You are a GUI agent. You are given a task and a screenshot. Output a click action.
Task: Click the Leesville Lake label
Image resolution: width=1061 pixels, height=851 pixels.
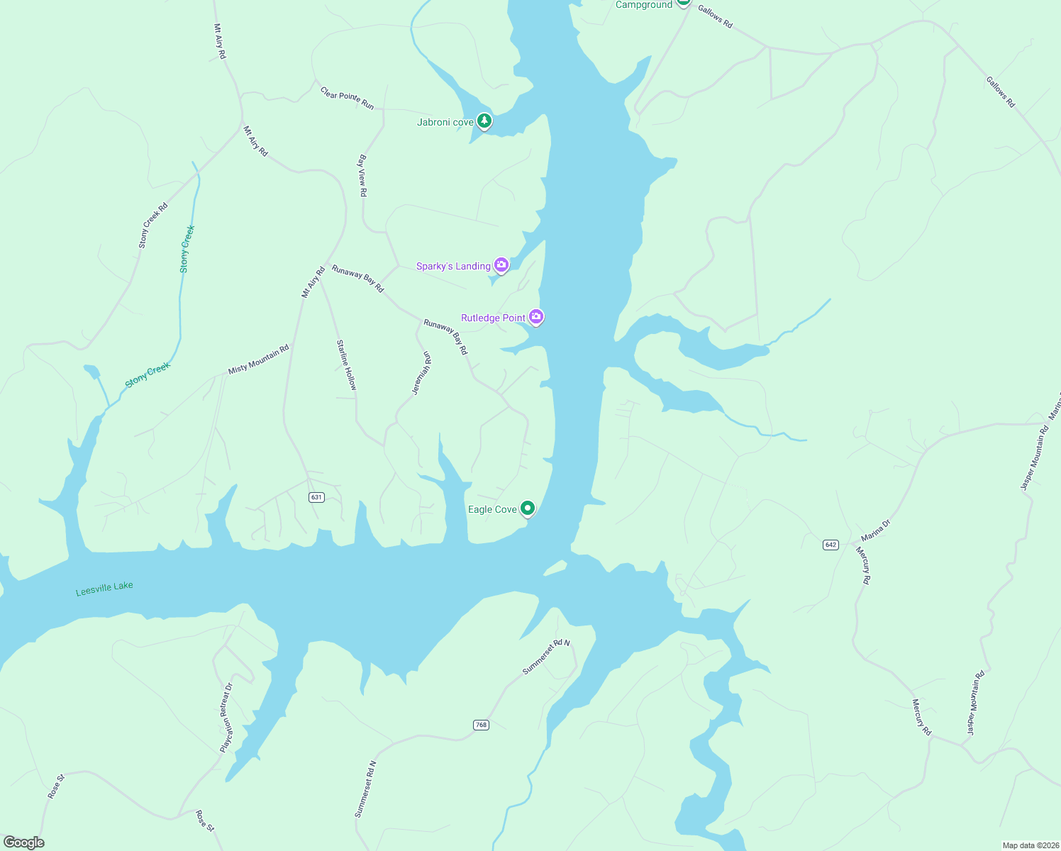click(x=104, y=589)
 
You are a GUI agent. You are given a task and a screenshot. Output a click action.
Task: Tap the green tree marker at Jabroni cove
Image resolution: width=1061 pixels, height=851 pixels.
click(x=484, y=121)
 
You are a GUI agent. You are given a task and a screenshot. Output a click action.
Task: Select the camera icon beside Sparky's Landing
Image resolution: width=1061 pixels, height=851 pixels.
click(x=501, y=265)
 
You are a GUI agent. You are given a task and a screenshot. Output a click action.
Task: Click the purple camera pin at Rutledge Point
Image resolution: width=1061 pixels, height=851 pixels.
click(x=536, y=317)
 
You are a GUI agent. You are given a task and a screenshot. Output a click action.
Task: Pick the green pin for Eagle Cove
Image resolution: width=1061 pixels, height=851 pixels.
click(x=527, y=508)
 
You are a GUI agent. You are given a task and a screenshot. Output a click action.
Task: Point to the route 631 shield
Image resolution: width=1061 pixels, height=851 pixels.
click(x=316, y=497)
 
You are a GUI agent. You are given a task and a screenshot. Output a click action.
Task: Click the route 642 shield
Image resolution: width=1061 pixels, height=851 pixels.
click(x=831, y=545)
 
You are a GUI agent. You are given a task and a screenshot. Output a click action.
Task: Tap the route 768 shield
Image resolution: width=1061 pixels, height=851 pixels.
click(x=481, y=725)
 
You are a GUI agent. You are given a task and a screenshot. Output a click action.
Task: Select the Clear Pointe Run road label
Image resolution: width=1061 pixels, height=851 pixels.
click(x=347, y=98)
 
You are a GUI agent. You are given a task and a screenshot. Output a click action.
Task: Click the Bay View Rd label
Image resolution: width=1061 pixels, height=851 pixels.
click(x=362, y=175)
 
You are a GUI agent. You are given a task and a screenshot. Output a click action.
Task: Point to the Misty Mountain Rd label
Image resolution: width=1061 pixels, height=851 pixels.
click(x=258, y=360)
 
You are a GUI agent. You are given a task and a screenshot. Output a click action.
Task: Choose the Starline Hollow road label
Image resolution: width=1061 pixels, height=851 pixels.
click(x=347, y=365)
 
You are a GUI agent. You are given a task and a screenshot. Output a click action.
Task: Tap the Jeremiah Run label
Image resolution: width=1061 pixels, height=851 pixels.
click(x=421, y=373)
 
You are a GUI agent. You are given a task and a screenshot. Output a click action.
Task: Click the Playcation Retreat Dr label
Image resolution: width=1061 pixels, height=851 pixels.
click(x=226, y=718)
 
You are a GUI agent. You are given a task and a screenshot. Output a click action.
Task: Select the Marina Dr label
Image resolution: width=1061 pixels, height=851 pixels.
click(x=875, y=530)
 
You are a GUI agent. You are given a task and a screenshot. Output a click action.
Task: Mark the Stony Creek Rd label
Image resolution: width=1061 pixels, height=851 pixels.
click(x=152, y=226)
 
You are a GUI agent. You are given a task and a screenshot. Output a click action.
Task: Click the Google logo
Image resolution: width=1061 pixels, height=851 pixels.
click(x=23, y=842)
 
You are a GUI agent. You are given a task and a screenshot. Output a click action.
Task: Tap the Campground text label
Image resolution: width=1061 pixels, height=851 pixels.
click(x=643, y=5)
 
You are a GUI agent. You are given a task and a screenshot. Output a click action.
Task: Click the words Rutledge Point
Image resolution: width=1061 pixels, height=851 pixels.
click(x=493, y=318)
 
